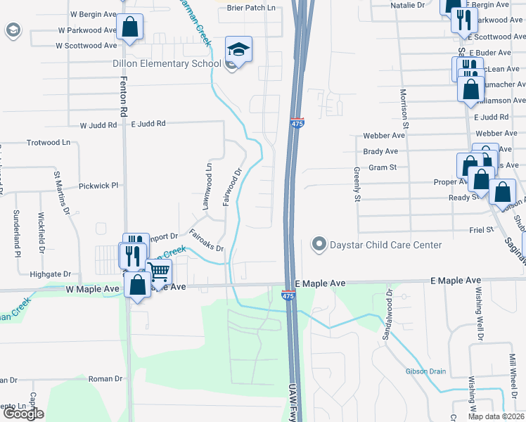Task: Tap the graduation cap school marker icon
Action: click(x=238, y=51)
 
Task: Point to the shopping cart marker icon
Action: click(x=159, y=270)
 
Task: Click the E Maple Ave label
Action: click(x=320, y=282)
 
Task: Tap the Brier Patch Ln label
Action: click(x=252, y=8)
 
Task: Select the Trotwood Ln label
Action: click(x=49, y=142)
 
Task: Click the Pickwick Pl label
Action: click(x=99, y=186)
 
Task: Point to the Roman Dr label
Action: click(x=106, y=378)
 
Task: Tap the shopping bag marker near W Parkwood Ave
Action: click(x=131, y=28)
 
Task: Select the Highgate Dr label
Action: click(x=51, y=274)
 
